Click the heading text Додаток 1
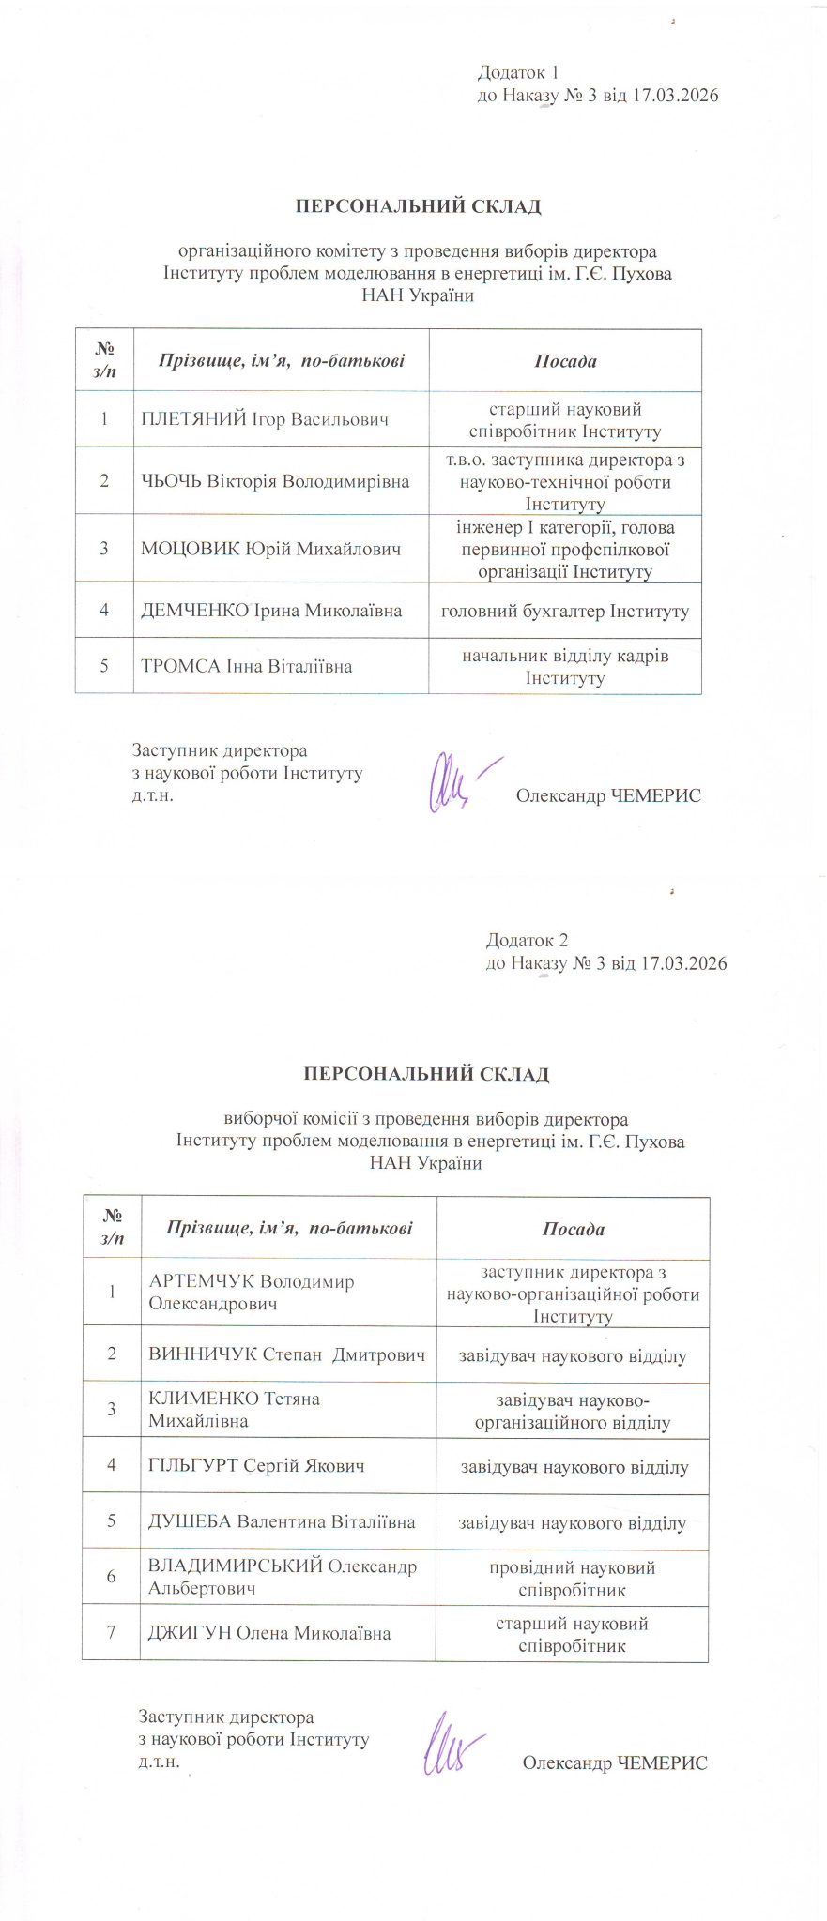518,72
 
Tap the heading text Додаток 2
527,940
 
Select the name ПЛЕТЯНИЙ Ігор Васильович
264,419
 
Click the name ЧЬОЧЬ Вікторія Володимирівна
275,481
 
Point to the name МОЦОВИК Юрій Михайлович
271,549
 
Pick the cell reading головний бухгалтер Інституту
565,611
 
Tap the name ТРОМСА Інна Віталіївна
246,667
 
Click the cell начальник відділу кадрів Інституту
565,667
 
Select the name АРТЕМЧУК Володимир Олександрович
251,1293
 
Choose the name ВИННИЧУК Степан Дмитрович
286,1354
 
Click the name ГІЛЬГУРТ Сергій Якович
256,1465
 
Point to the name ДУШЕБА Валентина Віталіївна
282,1521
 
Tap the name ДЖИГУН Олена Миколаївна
269,1633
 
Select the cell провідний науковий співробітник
572,1578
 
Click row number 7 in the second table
111,1633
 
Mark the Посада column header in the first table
565,361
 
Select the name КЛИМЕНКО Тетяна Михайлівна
234,1410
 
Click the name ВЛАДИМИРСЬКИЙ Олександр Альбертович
282,1577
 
